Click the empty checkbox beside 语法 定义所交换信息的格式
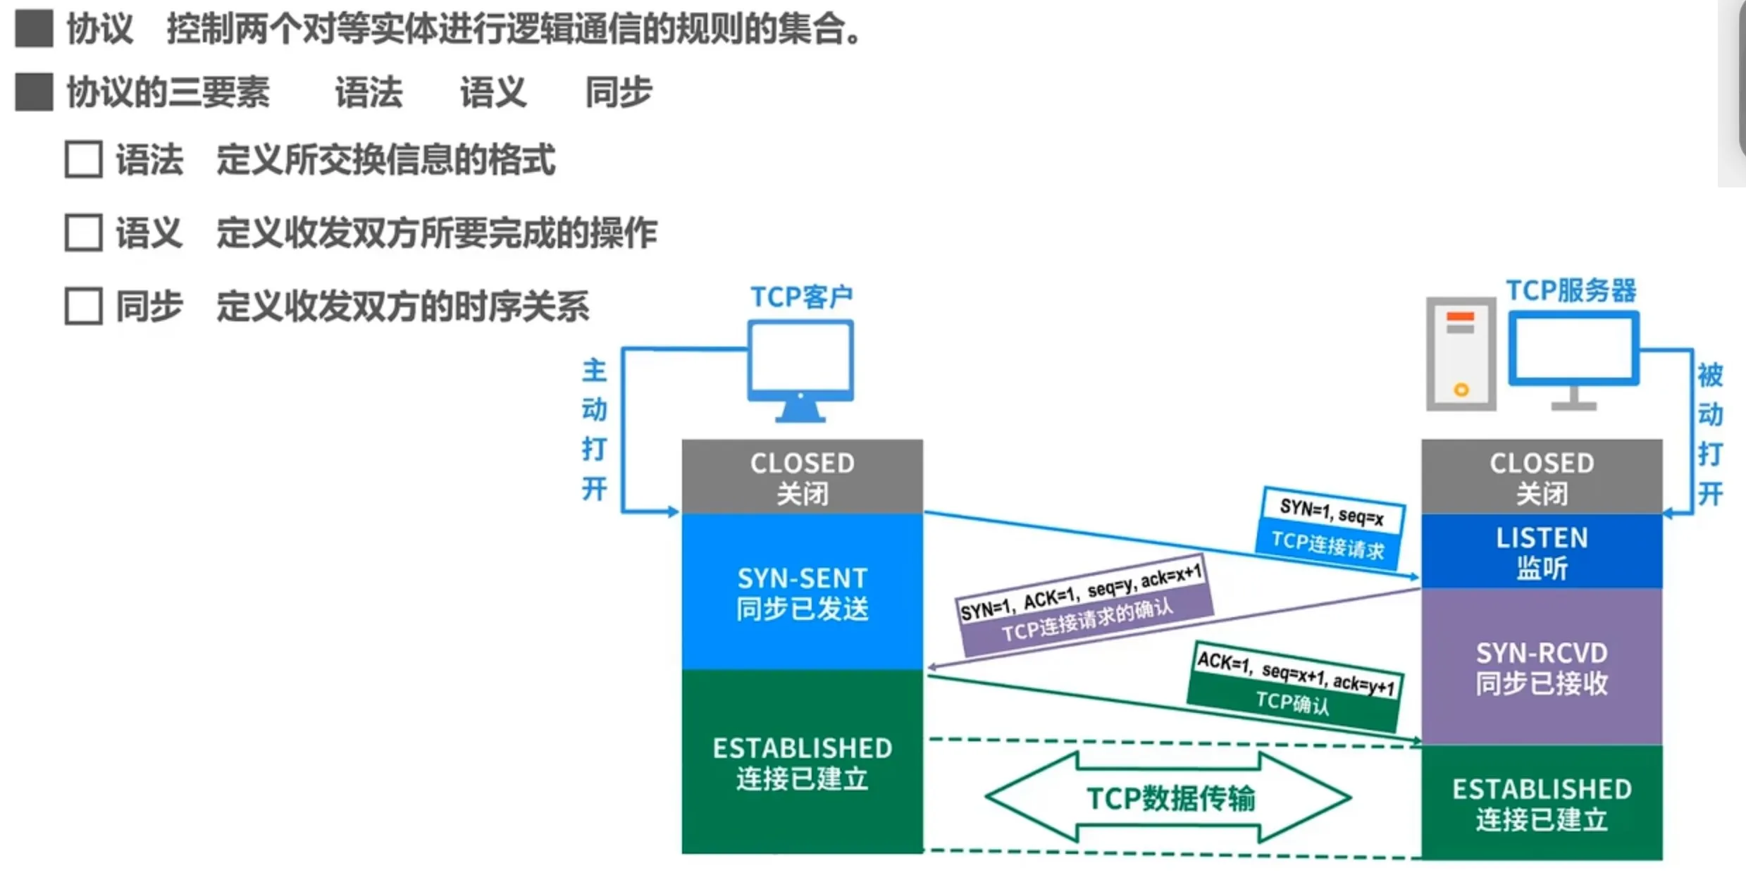[84, 159]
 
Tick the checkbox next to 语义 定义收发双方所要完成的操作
[84, 232]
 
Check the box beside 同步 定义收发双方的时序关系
[84, 306]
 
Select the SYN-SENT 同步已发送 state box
[802, 592]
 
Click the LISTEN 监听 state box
[1542, 552]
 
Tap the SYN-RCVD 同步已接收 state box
[1542, 666]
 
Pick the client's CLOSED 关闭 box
[802, 477]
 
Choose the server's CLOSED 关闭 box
[1542, 477]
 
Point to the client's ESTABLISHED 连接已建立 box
[802, 762]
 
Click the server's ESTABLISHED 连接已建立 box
[1542, 803]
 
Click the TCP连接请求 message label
[1327, 545]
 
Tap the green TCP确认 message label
[1292, 702]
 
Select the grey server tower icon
[1461, 354]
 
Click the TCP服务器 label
[1571, 290]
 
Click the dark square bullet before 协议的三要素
[34, 92]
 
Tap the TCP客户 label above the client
[801, 297]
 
